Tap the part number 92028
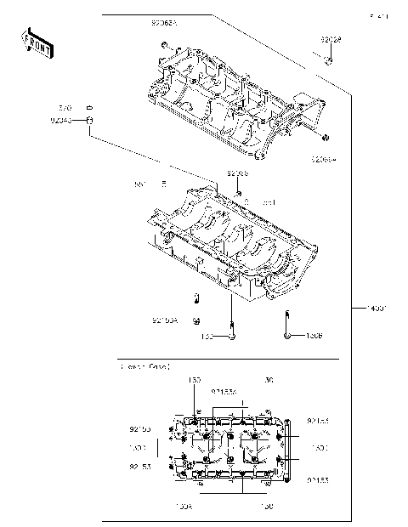click(331, 40)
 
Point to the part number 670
click(65, 108)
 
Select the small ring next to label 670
click(88, 108)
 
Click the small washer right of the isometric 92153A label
click(196, 320)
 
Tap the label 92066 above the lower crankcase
click(237, 173)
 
